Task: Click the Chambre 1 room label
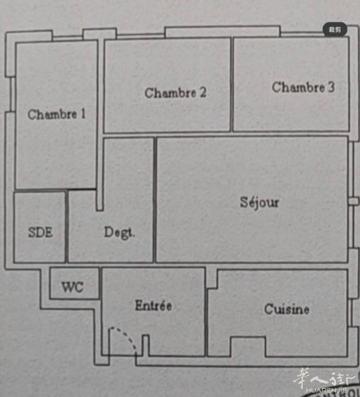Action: tap(57, 114)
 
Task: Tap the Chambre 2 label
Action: tap(175, 93)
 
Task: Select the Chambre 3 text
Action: tap(303, 87)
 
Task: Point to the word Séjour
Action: tap(259, 202)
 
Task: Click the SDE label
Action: tap(40, 232)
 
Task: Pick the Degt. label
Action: tap(119, 233)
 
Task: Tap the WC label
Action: tap(72, 287)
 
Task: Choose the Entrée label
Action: tap(153, 305)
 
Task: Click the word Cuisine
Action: tap(287, 309)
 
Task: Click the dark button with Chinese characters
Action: tap(335, 30)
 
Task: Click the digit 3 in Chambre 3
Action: tap(331, 87)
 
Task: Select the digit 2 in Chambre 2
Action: tap(203, 93)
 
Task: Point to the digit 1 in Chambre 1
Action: tap(83, 114)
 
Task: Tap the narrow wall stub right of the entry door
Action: tap(145, 345)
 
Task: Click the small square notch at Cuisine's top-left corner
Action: tap(212, 279)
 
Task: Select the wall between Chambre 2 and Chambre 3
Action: tap(232, 85)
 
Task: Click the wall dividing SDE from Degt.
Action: tap(67, 227)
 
